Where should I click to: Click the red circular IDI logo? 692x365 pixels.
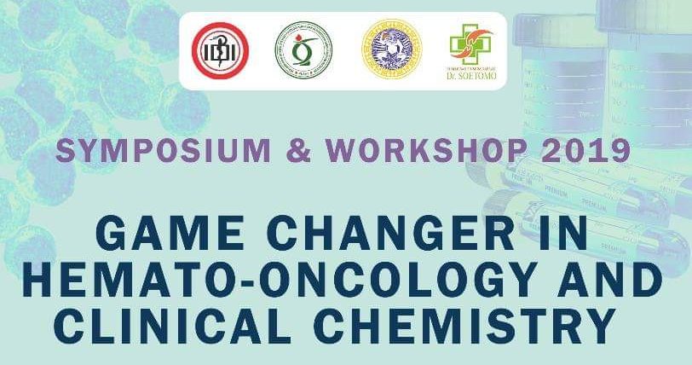(x=219, y=49)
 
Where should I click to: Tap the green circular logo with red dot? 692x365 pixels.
(x=303, y=49)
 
